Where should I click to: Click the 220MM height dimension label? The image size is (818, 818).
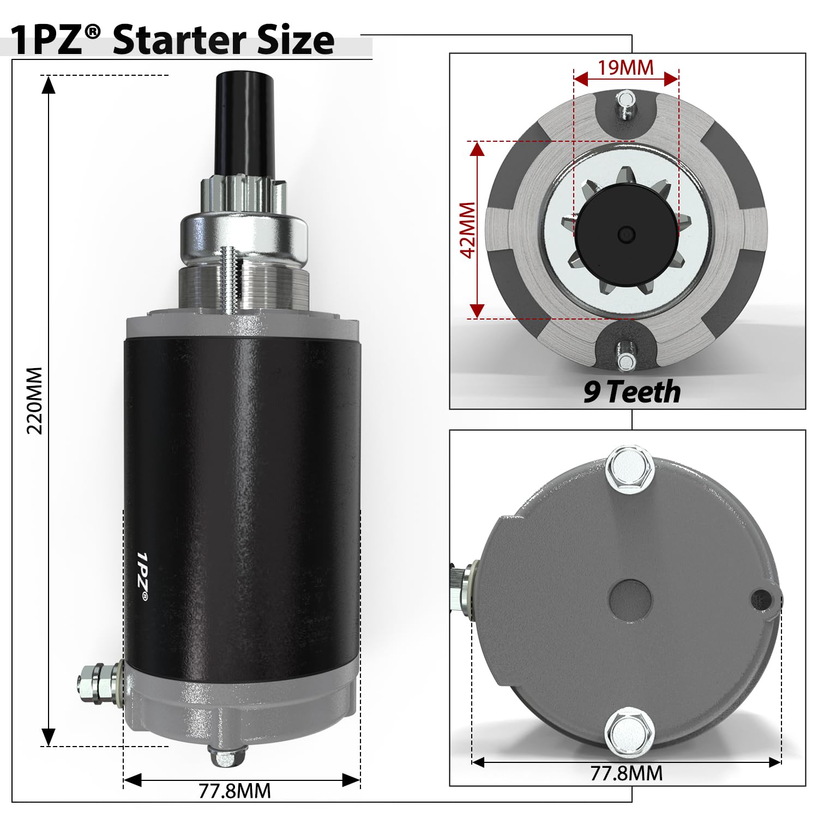(x=35, y=400)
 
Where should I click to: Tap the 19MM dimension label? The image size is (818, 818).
(x=625, y=68)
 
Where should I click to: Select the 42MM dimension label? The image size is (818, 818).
(x=468, y=230)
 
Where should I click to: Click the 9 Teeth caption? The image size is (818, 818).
(x=631, y=392)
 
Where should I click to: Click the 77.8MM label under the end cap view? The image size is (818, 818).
(x=627, y=773)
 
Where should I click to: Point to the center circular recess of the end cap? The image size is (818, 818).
(x=630, y=600)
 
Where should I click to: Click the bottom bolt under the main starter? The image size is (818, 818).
(x=224, y=757)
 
